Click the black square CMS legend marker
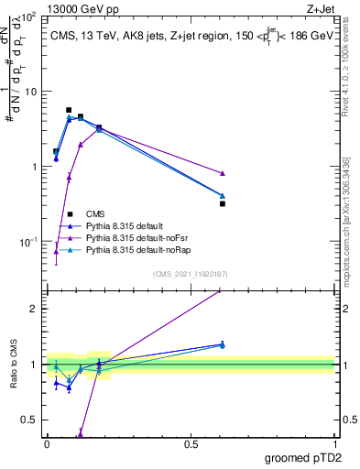71,213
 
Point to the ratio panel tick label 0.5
30,420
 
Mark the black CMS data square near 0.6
223,203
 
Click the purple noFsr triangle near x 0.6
223,173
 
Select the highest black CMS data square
69,110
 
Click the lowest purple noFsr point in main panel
56,251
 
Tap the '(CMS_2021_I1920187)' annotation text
190,274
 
